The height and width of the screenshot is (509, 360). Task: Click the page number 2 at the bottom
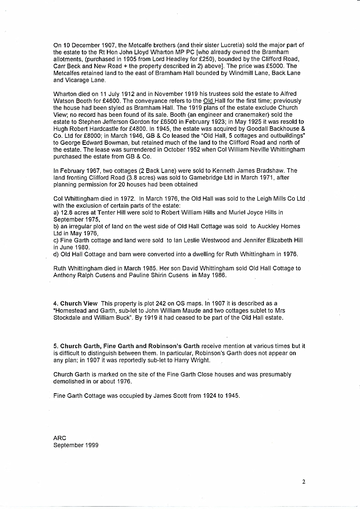coord(304,481)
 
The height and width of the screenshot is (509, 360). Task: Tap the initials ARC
coord(60,438)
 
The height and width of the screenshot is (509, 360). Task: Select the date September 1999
coord(76,445)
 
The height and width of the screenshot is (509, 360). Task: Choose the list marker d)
coord(57,254)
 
